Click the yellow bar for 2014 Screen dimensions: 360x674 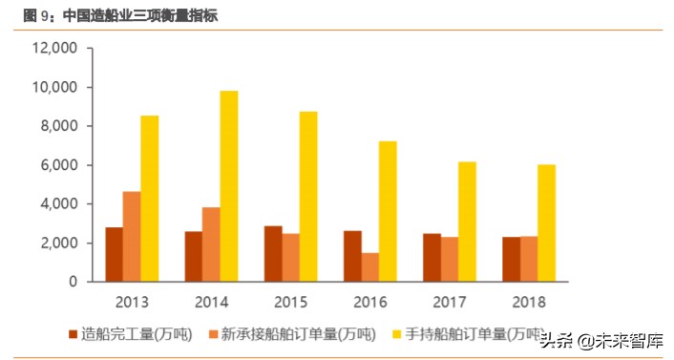[x=229, y=186]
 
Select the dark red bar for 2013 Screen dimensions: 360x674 [x=114, y=254]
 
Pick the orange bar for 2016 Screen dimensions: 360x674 [x=369, y=267]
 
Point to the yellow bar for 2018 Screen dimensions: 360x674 [x=546, y=223]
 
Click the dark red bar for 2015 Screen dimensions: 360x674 [x=272, y=254]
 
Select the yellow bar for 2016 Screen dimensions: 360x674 [x=388, y=211]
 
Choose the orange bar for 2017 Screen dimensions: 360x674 [x=449, y=259]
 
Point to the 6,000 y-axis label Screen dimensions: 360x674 [x=60, y=165]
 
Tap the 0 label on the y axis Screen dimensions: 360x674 [x=74, y=282]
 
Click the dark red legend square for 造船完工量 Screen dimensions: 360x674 [x=74, y=335]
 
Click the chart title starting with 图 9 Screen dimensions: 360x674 [x=115, y=15]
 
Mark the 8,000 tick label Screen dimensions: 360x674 [x=60, y=126]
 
